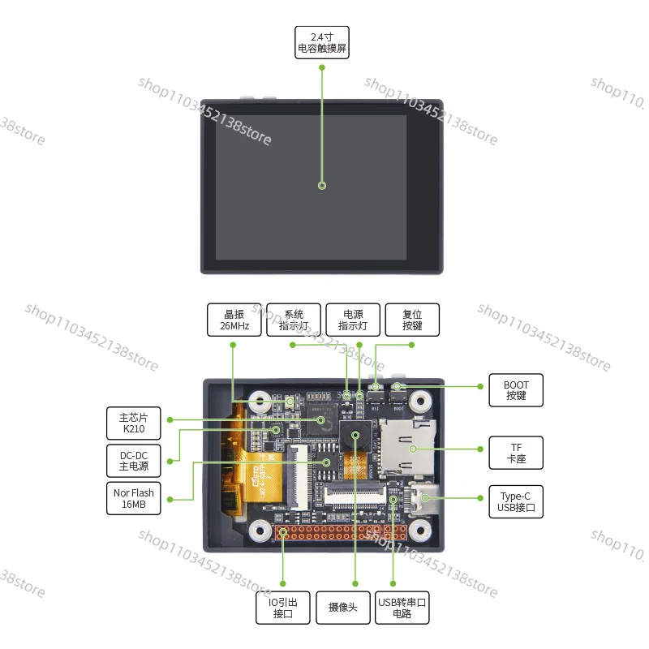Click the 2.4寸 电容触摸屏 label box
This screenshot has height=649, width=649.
(x=322, y=43)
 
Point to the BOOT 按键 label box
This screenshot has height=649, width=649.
(x=516, y=390)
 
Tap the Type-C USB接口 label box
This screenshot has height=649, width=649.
(x=516, y=503)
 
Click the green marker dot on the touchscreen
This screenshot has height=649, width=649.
(x=322, y=186)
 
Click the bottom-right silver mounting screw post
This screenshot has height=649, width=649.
(x=420, y=530)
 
